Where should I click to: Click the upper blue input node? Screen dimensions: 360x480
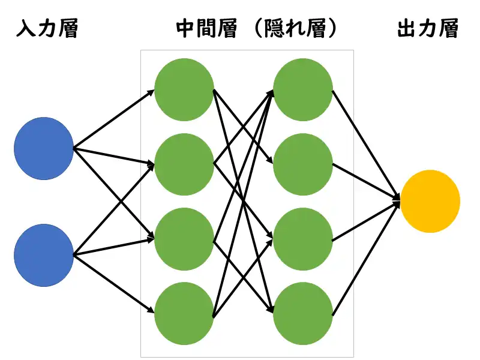coord(44,148)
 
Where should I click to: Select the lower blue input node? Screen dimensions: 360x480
coord(44,254)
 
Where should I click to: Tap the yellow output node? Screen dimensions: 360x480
coord(430,201)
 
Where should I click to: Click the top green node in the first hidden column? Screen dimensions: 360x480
coord(184,90)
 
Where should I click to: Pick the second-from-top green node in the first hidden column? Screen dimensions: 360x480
coord(184,164)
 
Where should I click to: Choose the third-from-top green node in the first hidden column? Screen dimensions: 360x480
coord(184,238)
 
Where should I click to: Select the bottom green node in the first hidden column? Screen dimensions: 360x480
coord(184,313)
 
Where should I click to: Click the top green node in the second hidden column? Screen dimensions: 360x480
coord(303,90)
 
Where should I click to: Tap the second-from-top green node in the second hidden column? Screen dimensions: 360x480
coord(303,164)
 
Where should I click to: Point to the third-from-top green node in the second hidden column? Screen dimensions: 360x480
coord(303,238)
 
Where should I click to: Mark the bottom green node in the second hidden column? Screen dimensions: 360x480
coord(303,313)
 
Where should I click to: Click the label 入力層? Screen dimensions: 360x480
coord(47,29)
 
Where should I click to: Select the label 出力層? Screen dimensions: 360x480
coord(428,29)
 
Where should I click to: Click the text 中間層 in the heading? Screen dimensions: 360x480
coord(206,29)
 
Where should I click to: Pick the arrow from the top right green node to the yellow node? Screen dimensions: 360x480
coord(366,144)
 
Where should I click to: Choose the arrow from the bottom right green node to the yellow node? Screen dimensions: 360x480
coord(366,258)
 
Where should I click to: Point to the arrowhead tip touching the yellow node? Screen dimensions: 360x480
coord(399,200)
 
